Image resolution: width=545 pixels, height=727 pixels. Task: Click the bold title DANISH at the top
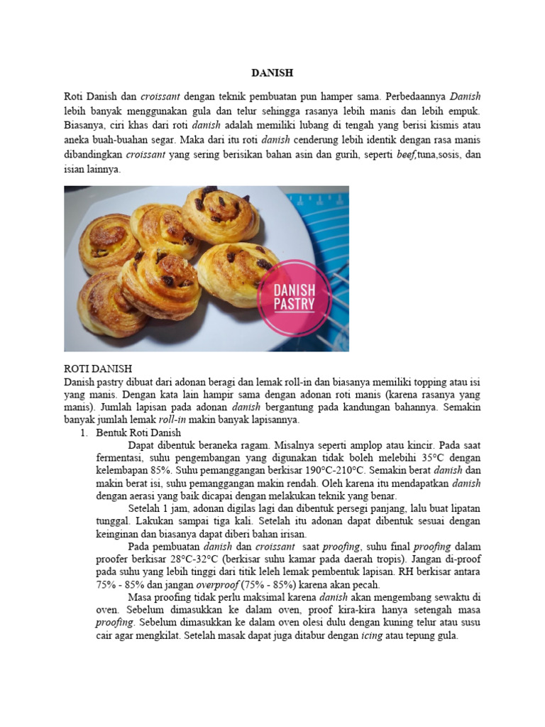point(272,73)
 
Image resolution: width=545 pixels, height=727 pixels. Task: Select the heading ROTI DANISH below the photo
point(97,369)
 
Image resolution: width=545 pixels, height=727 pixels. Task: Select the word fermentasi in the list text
point(121,457)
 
